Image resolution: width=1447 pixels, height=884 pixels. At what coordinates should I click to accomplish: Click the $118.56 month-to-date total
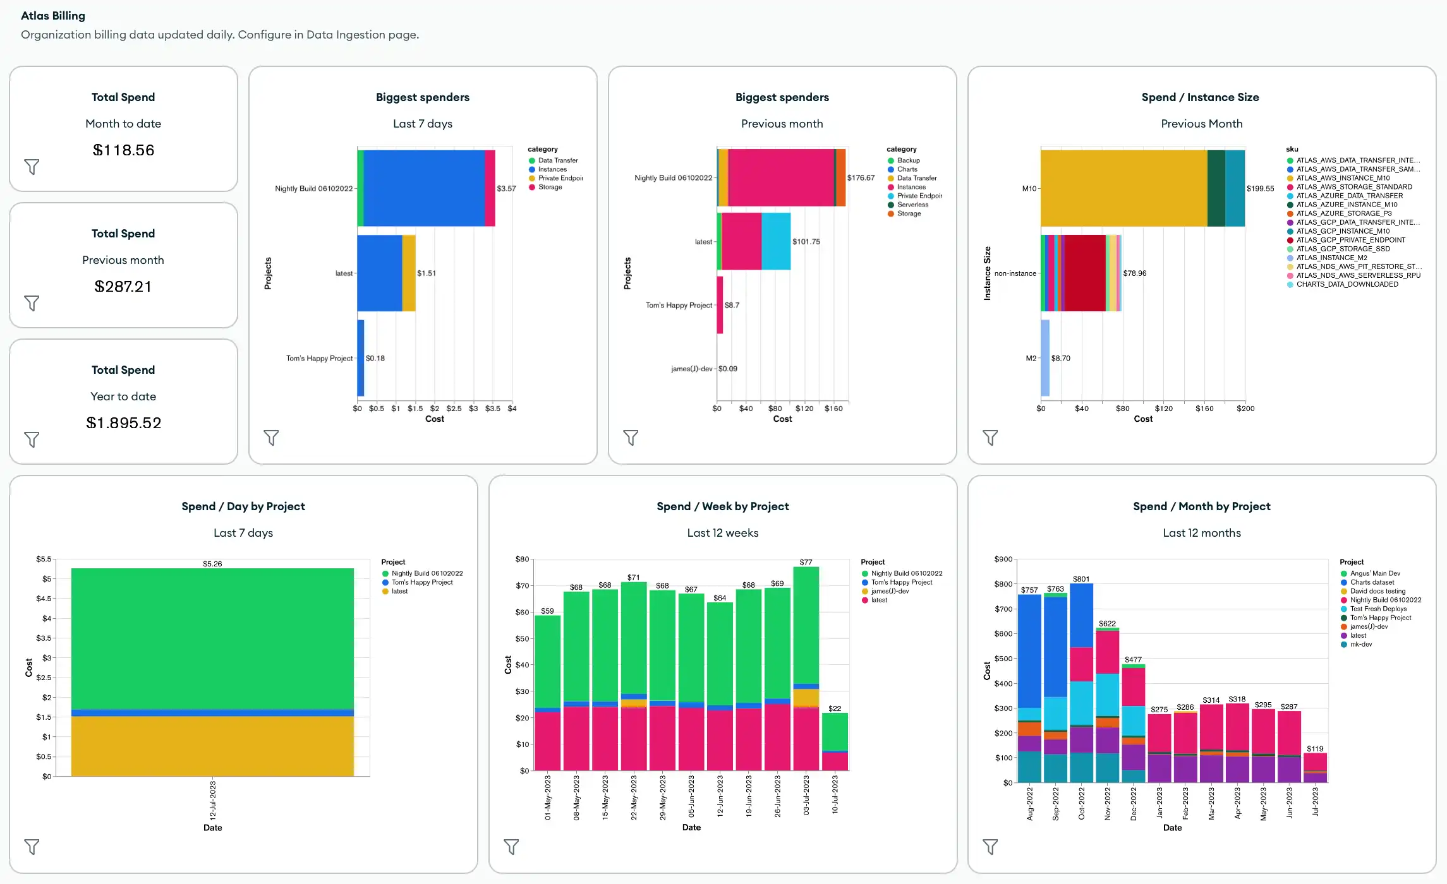[123, 150]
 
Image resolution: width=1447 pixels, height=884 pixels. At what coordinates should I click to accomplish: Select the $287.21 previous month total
[123, 287]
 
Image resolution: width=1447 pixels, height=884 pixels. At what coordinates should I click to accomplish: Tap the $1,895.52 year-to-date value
[123, 423]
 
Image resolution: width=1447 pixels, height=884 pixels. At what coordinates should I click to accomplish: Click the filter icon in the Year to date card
[32, 439]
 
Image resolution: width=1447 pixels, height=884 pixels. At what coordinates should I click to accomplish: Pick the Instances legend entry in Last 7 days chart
[552, 169]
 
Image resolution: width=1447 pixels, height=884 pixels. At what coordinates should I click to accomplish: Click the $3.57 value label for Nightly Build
[506, 188]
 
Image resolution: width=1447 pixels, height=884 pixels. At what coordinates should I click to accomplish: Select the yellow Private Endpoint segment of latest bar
[409, 273]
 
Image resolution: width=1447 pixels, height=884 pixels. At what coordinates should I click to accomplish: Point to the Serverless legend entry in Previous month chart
[912, 205]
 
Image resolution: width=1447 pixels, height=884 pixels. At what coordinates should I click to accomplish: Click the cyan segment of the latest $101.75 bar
[776, 241]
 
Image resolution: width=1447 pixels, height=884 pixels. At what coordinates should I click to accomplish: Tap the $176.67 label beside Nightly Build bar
[861, 178]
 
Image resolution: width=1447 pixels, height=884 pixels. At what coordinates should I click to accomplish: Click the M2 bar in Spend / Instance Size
[1045, 358]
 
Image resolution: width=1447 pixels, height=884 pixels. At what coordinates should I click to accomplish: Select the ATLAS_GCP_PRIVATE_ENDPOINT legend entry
[1350, 240]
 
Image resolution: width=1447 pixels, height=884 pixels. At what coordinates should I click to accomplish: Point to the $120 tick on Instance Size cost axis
[1163, 409]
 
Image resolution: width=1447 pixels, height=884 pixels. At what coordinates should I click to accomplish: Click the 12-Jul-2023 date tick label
[213, 800]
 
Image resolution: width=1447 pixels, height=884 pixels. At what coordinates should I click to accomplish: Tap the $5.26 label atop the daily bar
[212, 564]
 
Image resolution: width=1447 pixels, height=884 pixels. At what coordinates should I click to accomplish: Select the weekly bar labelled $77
[806, 663]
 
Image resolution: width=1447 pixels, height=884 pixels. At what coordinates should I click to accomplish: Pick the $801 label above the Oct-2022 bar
[1081, 579]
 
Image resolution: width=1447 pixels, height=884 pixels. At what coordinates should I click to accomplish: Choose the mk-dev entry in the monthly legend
[1360, 644]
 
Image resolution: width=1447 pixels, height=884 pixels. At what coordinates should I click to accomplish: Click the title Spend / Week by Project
[722, 506]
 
